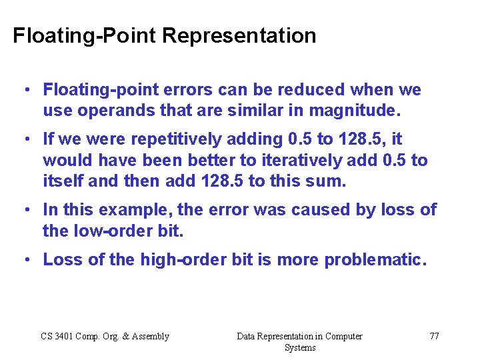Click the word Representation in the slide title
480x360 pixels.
point(239,35)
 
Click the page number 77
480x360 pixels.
point(434,336)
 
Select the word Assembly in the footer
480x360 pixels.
point(149,336)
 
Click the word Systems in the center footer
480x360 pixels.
point(299,347)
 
